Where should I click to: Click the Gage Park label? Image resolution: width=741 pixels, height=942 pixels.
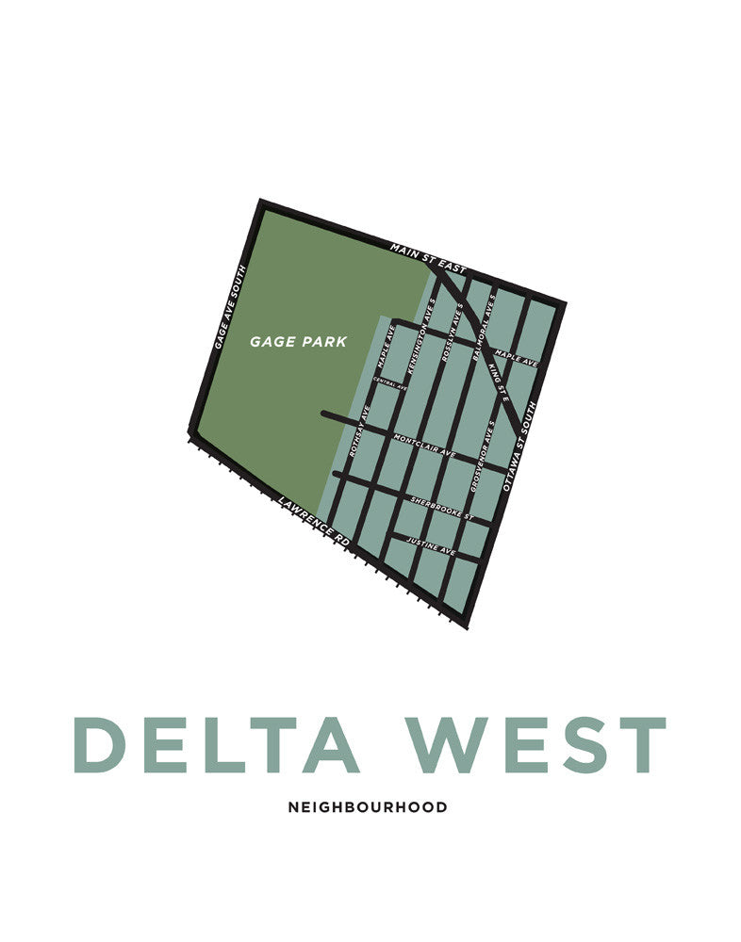pyautogui.click(x=298, y=342)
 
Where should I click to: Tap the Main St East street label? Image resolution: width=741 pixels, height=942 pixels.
pyautogui.click(x=428, y=258)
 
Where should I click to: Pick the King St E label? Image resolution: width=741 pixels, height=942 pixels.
pyautogui.click(x=500, y=381)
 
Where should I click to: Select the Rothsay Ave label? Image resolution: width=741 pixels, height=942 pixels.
pyautogui.click(x=358, y=434)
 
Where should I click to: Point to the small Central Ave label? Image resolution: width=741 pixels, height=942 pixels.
pyautogui.click(x=390, y=383)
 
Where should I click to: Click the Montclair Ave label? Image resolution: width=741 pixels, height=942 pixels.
pyautogui.click(x=424, y=447)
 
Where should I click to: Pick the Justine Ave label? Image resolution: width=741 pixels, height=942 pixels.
pyautogui.click(x=431, y=544)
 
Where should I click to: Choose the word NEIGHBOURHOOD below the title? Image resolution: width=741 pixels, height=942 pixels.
pyautogui.click(x=368, y=807)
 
